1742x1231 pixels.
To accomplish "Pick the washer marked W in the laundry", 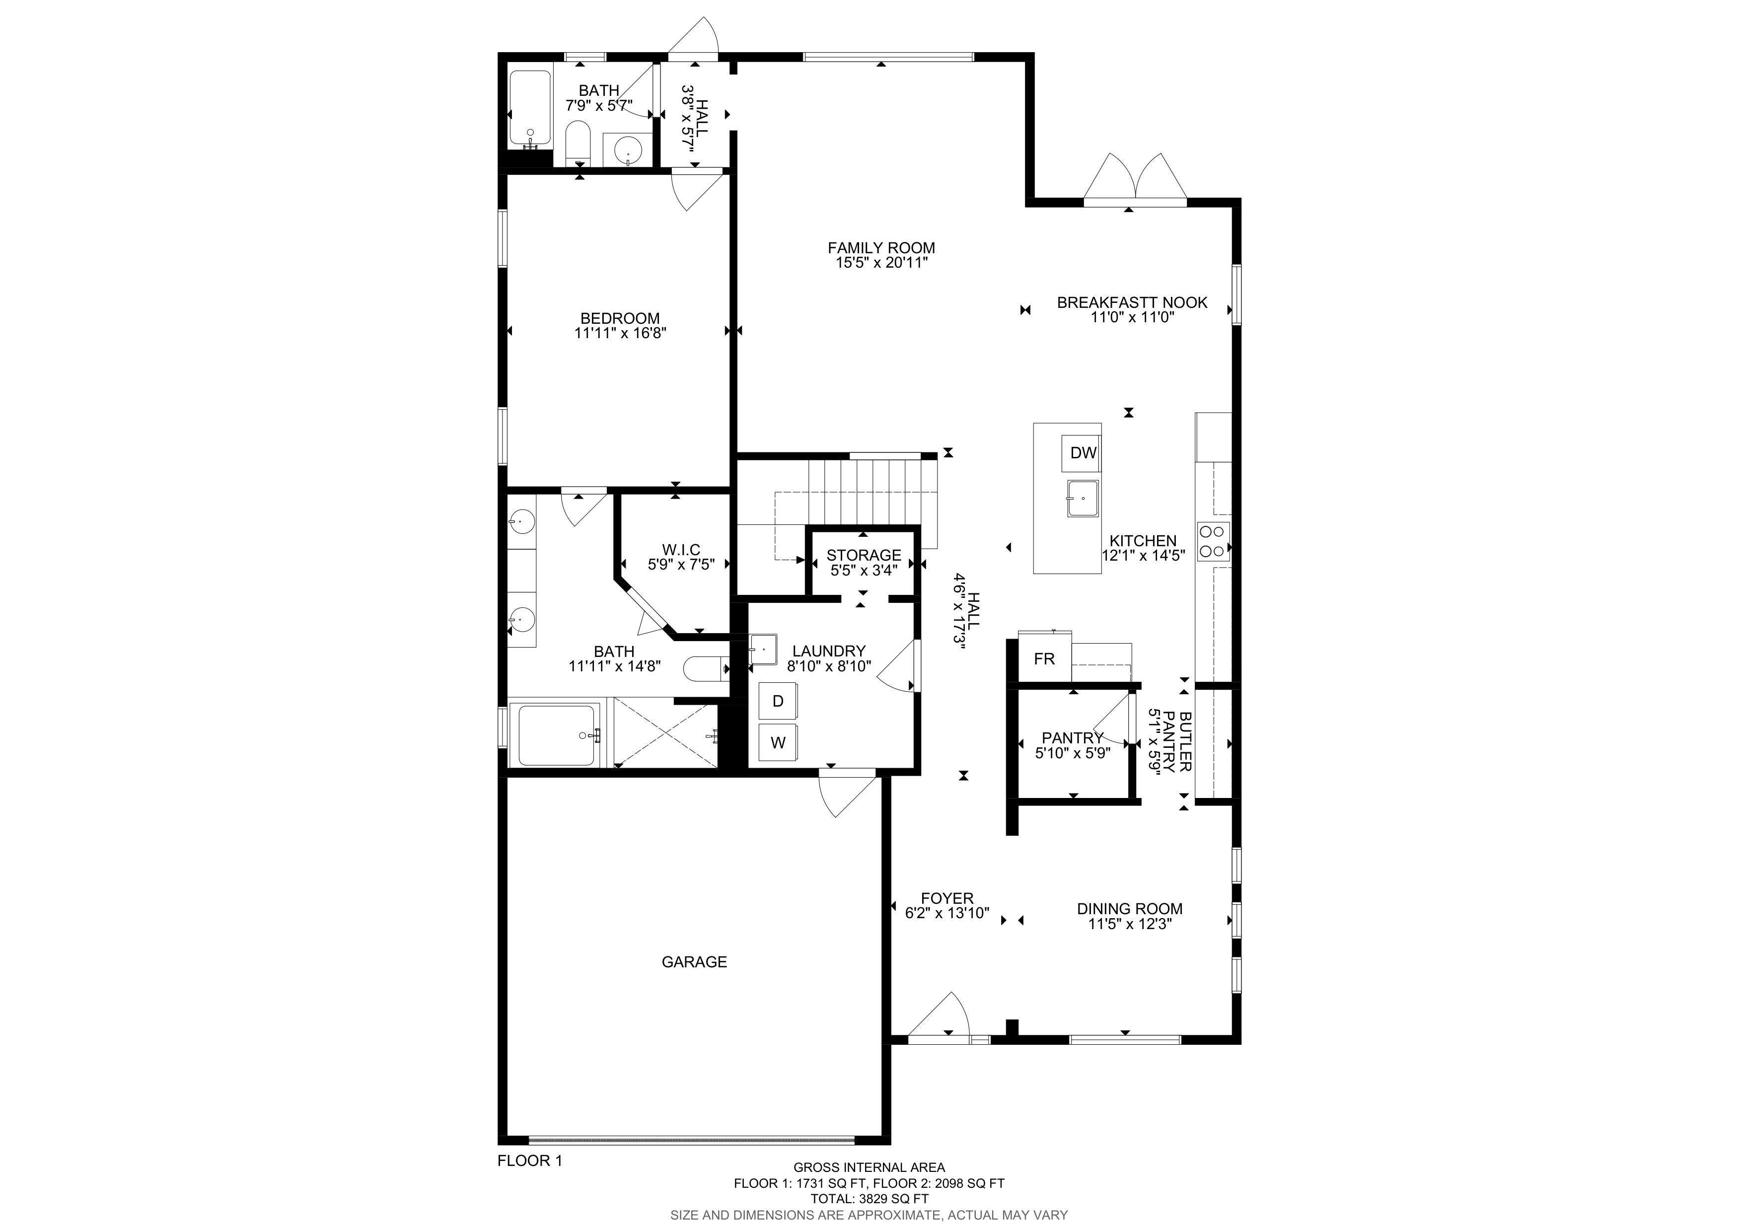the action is coord(778,742).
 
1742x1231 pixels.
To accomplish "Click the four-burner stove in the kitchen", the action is coord(1213,542).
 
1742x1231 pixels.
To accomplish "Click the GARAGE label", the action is coord(694,962).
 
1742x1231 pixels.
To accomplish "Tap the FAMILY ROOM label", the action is coord(881,247).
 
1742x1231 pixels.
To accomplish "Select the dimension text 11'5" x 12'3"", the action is coord(1130,924).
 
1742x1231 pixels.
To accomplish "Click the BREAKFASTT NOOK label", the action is coord(1132,302).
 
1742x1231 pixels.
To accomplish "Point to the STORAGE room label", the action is coord(864,555).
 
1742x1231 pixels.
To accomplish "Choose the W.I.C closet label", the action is coord(681,549).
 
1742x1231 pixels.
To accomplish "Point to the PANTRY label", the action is coord(1072,738).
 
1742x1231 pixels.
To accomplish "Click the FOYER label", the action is coord(947,898).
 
